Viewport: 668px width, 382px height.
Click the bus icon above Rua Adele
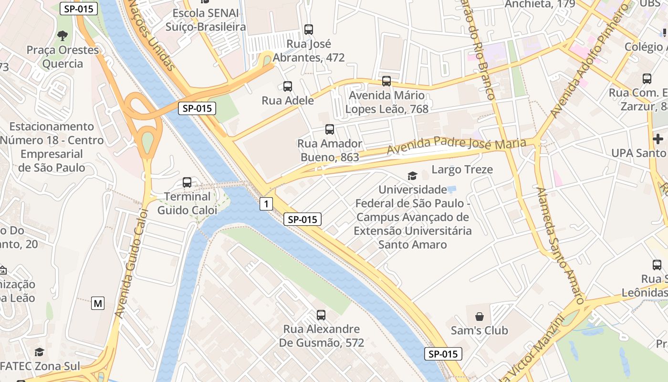[287, 86]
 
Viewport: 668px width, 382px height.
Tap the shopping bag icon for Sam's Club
[480, 317]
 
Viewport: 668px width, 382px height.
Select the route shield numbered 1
[266, 204]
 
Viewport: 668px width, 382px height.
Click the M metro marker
[98, 303]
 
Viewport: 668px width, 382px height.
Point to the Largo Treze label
[462, 170]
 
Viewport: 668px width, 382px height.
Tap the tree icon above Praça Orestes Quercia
[62, 35]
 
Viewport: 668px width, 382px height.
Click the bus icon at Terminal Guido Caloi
[187, 182]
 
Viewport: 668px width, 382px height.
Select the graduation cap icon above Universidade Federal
[412, 176]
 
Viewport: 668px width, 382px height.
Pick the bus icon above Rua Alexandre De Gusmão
[321, 315]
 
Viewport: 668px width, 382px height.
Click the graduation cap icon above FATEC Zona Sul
[40, 352]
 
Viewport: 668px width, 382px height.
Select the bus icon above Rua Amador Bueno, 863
[329, 129]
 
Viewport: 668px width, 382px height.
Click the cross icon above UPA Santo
[658, 139]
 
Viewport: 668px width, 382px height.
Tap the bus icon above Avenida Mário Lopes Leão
[386, 81]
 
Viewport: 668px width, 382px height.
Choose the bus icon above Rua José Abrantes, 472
[309, 30]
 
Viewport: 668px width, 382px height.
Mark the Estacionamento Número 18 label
[52, 147]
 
